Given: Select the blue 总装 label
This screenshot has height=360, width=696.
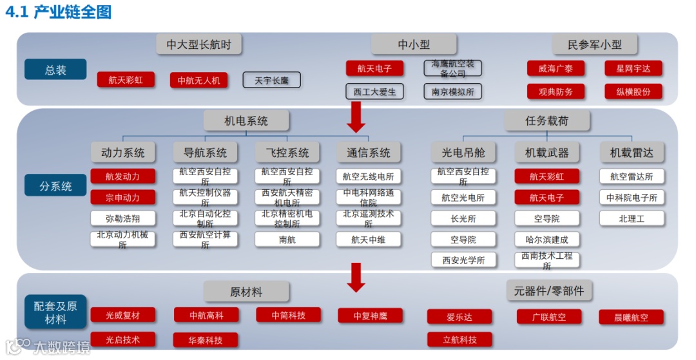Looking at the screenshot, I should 55,70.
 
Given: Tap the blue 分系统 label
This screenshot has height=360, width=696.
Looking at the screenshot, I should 55,186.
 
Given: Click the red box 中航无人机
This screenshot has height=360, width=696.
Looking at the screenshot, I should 199,80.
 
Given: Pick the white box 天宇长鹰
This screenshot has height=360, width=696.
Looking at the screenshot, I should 271,80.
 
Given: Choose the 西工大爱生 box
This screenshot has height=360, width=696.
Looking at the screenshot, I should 374,91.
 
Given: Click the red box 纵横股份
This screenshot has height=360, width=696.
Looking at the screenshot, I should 628,91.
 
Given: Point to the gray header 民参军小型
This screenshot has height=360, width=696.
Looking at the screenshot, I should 594,45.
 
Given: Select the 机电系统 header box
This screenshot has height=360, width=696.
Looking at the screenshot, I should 246,120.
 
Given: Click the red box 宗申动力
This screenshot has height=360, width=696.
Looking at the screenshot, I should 122,197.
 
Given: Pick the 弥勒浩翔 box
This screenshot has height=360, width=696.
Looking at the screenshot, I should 122,218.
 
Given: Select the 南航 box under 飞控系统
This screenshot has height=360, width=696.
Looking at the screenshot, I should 287,240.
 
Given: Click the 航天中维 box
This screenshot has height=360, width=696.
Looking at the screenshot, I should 368,240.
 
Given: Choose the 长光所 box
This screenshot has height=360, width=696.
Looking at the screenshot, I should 463,218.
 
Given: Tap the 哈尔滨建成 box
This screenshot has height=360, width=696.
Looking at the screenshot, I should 546,240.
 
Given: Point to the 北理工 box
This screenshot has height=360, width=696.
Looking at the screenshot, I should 632,218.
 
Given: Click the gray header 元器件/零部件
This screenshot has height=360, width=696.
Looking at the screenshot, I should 549,290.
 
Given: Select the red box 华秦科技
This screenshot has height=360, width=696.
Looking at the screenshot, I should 205,339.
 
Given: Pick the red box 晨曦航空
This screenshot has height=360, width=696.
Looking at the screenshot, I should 631,317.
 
